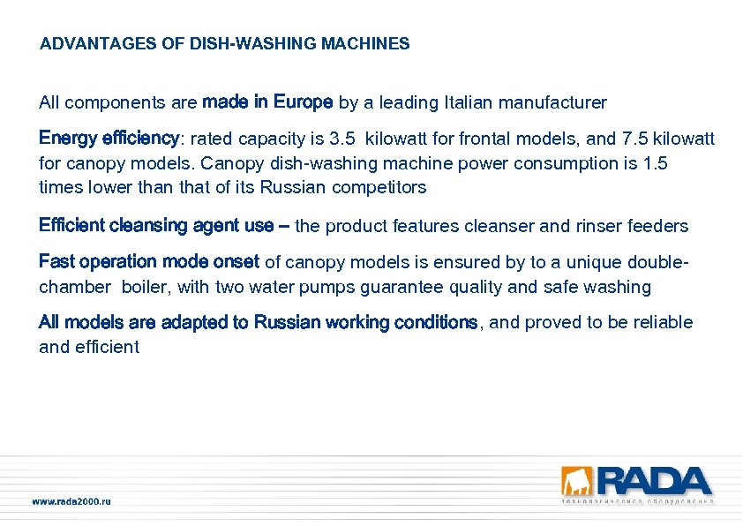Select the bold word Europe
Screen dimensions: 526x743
[303, 101]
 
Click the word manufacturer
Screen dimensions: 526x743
[552, 102]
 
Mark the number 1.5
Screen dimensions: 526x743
[657, 163]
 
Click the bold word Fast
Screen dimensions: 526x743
[56, 261]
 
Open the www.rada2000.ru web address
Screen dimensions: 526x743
[71, 501]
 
